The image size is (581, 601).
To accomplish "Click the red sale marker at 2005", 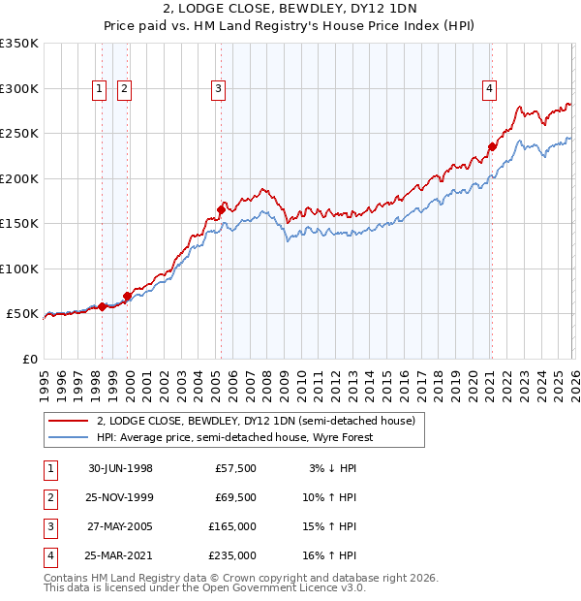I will (x=221, y=209).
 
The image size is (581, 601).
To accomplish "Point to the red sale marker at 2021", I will (x=492, y=147).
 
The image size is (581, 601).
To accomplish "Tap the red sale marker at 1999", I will (x=127, y=296).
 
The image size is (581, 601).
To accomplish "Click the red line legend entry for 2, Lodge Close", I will (x=256, y=421).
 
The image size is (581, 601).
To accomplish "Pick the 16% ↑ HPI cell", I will (x=334, y=555).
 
